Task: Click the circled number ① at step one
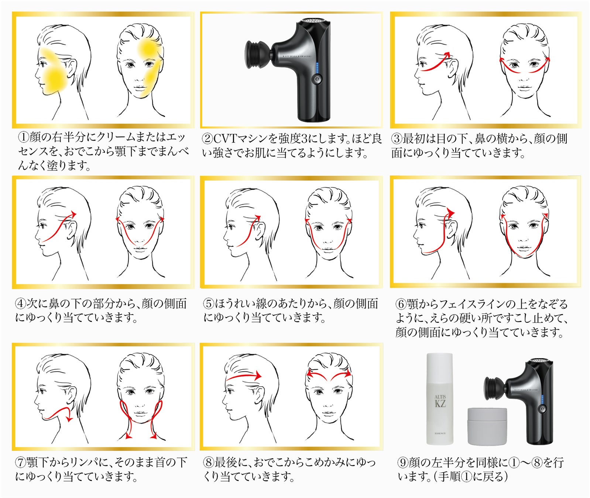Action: point(24,138)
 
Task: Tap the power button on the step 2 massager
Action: point(317,79)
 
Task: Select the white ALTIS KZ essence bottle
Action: point(439,399)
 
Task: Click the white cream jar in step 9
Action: point(487,426)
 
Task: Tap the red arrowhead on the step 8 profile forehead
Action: point(257,376)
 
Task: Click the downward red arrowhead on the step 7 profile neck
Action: point(68,418)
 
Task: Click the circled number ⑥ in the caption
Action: point(401,304)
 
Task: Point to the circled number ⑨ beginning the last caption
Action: point(403,462)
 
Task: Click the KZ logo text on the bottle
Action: point(440,403)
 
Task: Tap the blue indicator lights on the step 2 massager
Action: point(317,68)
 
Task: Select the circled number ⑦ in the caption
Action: point(20,463)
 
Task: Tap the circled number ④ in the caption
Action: point(20,304)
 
